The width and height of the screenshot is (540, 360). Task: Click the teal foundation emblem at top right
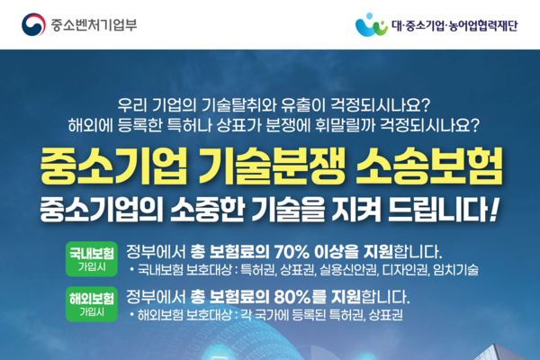(x=372, y=23)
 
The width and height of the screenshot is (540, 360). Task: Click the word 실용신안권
(x=337, y=269)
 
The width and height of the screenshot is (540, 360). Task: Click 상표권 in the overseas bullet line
(x=386, y=315)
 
